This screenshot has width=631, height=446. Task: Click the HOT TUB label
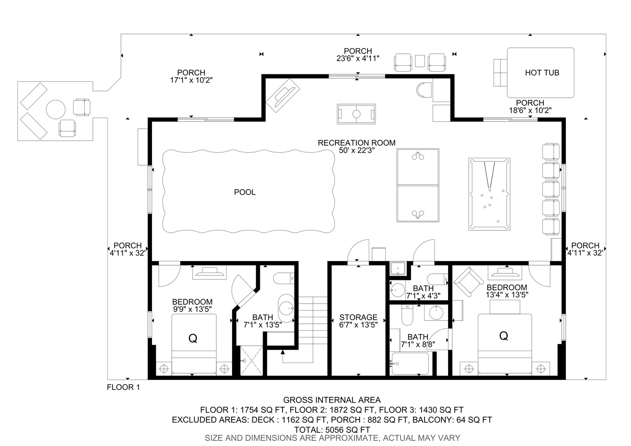542,73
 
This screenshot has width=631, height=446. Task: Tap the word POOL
245,192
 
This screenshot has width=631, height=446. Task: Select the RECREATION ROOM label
357,143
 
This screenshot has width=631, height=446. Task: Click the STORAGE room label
358,317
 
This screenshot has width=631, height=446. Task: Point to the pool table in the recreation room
489,194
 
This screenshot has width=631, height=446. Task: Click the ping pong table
418,185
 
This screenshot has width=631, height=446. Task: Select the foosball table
356,114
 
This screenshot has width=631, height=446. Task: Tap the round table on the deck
56,109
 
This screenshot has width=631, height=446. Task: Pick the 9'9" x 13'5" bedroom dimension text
192,309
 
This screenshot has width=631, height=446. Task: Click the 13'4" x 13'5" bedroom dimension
507,295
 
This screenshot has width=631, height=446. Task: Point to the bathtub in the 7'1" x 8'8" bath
410,363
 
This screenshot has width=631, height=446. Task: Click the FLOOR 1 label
123,387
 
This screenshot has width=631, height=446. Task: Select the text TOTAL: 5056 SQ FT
332,429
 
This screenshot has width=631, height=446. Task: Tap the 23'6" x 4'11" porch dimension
358,58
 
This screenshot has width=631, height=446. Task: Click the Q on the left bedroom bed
193,338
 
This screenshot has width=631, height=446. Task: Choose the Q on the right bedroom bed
504,336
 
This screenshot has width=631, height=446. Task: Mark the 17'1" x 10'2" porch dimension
191,80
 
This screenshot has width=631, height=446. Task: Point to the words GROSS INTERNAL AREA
332,400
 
